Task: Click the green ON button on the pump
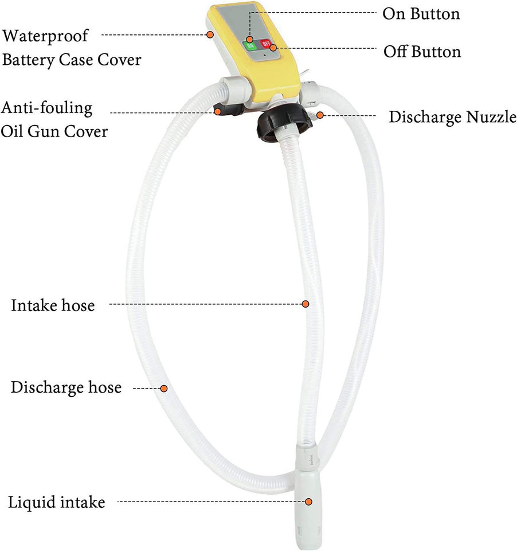(x=250, y=45)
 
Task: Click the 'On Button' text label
(x=421, y=14)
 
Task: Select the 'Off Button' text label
(x=422, y=52)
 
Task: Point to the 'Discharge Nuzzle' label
(x=452, y=117)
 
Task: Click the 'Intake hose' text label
(x=52, y=305)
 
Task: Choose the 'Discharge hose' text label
(x=66, y=387)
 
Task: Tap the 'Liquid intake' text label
(x=56, y=503)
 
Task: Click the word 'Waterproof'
(x=46, y=36)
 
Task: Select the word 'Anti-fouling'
(x=46, y=107)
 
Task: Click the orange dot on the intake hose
(x=306, y=303)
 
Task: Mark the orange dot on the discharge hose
(x=163, y=389)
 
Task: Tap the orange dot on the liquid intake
(x=309, y=502)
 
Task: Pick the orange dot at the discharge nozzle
(x=320, y=116)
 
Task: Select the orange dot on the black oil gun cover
(x=218, y=111)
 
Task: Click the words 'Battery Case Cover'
(x=72, y=60)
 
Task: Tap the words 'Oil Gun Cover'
(x=54, y=131)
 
